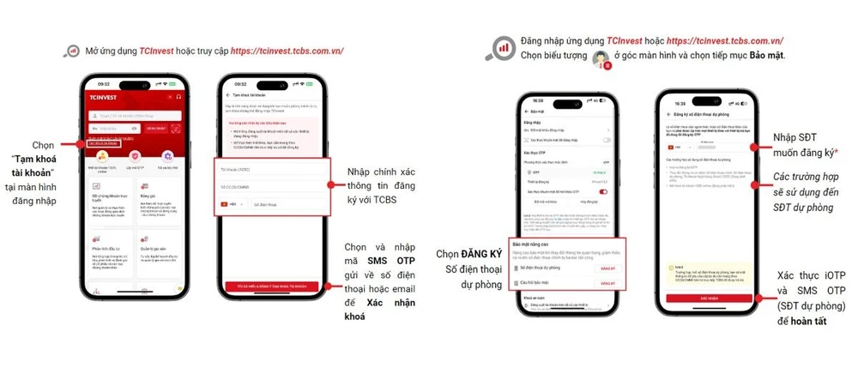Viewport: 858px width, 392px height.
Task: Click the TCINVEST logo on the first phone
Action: (x=102, y=97)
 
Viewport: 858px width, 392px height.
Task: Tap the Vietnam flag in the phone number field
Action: (x=227, y=204)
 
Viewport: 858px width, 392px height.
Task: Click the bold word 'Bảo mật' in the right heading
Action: (x=763, y=55)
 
